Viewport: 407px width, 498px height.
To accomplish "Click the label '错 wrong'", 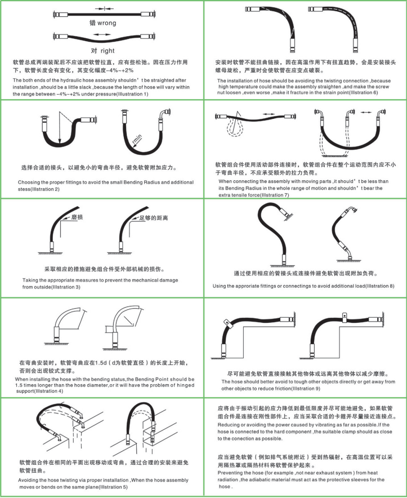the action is pyautogui.click(x=103, y=23).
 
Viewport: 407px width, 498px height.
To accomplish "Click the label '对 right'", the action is pyautogui.click(x=102, y=51).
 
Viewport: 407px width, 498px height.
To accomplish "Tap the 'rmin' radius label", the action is pyautogui.click(x=137, y=139).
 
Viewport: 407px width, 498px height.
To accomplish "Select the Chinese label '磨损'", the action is pyautogui.click(x=77, y=217).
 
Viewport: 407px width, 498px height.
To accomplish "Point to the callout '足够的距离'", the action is pyautogui.click(x=154, y=218).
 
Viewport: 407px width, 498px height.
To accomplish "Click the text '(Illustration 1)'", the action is pyautogui.click(x=132, y=94).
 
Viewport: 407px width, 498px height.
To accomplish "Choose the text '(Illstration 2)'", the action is pyautogui.click(x=45, y=189).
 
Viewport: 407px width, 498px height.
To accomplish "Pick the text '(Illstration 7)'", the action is pyautogui.click(x=274, y=195).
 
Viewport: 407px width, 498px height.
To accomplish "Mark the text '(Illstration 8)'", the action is pyautogui.click(x=379, y=286).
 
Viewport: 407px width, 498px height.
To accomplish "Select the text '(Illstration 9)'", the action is pyautogui.click(x=306, y=388).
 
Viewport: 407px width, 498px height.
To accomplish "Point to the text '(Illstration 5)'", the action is pyautogui.click(x=113, y=487).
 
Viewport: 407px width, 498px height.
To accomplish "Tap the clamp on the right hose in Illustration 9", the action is pyautogui.click(x=344, y=317).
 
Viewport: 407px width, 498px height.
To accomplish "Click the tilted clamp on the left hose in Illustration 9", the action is pyautogui.click(x=227, y=323).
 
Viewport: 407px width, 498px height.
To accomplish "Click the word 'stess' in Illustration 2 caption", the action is pyautogui.click(x=24, y=189).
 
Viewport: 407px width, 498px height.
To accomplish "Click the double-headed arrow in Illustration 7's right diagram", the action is pyautogui.click(x=366, y=112).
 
